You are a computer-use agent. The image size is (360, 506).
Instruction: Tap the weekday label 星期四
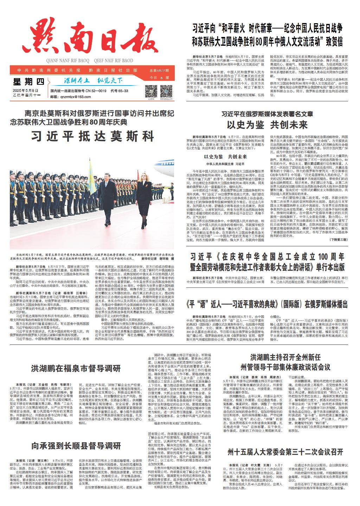(x=29, y=82)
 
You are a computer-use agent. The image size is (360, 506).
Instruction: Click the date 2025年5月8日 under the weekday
(x=26, y=91)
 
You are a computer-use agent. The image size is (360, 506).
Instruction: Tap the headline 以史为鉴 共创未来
(x=267, y=125)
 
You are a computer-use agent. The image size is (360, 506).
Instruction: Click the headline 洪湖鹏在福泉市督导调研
(x=76, y=369)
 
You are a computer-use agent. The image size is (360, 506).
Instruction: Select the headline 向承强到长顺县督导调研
(x=76, y=446)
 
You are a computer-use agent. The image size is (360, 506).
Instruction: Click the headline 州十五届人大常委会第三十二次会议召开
(x=285, y=451)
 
